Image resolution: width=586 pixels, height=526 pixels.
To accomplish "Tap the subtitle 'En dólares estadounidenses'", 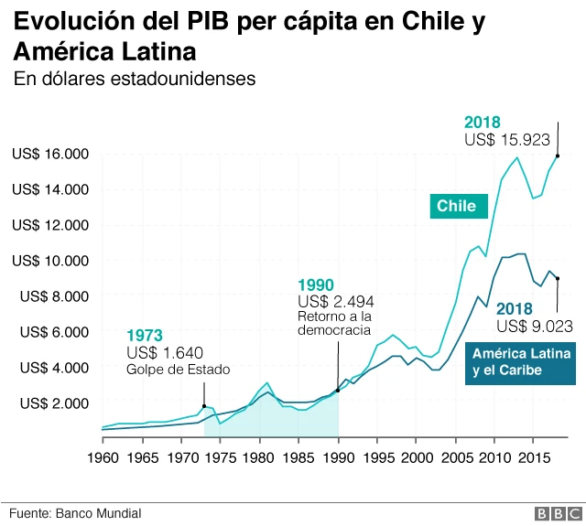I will point(134,80).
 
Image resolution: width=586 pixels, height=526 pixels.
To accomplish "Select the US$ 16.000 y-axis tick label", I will point(49,154).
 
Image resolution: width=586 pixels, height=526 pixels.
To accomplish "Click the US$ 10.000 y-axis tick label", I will point(49,261).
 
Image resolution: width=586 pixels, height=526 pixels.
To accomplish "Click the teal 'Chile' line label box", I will point(456,206).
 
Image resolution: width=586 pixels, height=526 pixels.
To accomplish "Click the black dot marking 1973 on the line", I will point(204,406).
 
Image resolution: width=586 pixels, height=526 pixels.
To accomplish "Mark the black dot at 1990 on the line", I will point(338,391).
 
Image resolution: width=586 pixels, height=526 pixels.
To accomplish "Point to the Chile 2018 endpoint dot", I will point(558,156).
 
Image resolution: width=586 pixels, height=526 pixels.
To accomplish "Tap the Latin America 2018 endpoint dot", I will point(558,278).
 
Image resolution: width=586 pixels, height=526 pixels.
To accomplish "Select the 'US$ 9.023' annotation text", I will point(535,325).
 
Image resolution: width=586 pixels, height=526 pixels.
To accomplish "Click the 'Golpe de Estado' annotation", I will point(179,370).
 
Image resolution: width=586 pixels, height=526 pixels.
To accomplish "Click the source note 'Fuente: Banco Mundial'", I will point(77,514).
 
